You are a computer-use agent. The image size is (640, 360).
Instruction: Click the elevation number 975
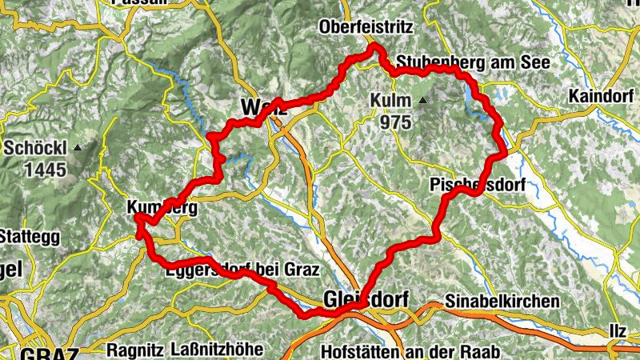396,122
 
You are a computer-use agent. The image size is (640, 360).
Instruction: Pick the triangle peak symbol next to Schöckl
78,148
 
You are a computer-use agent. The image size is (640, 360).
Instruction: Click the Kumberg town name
161,207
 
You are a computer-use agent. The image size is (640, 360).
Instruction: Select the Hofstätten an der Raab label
409,351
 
